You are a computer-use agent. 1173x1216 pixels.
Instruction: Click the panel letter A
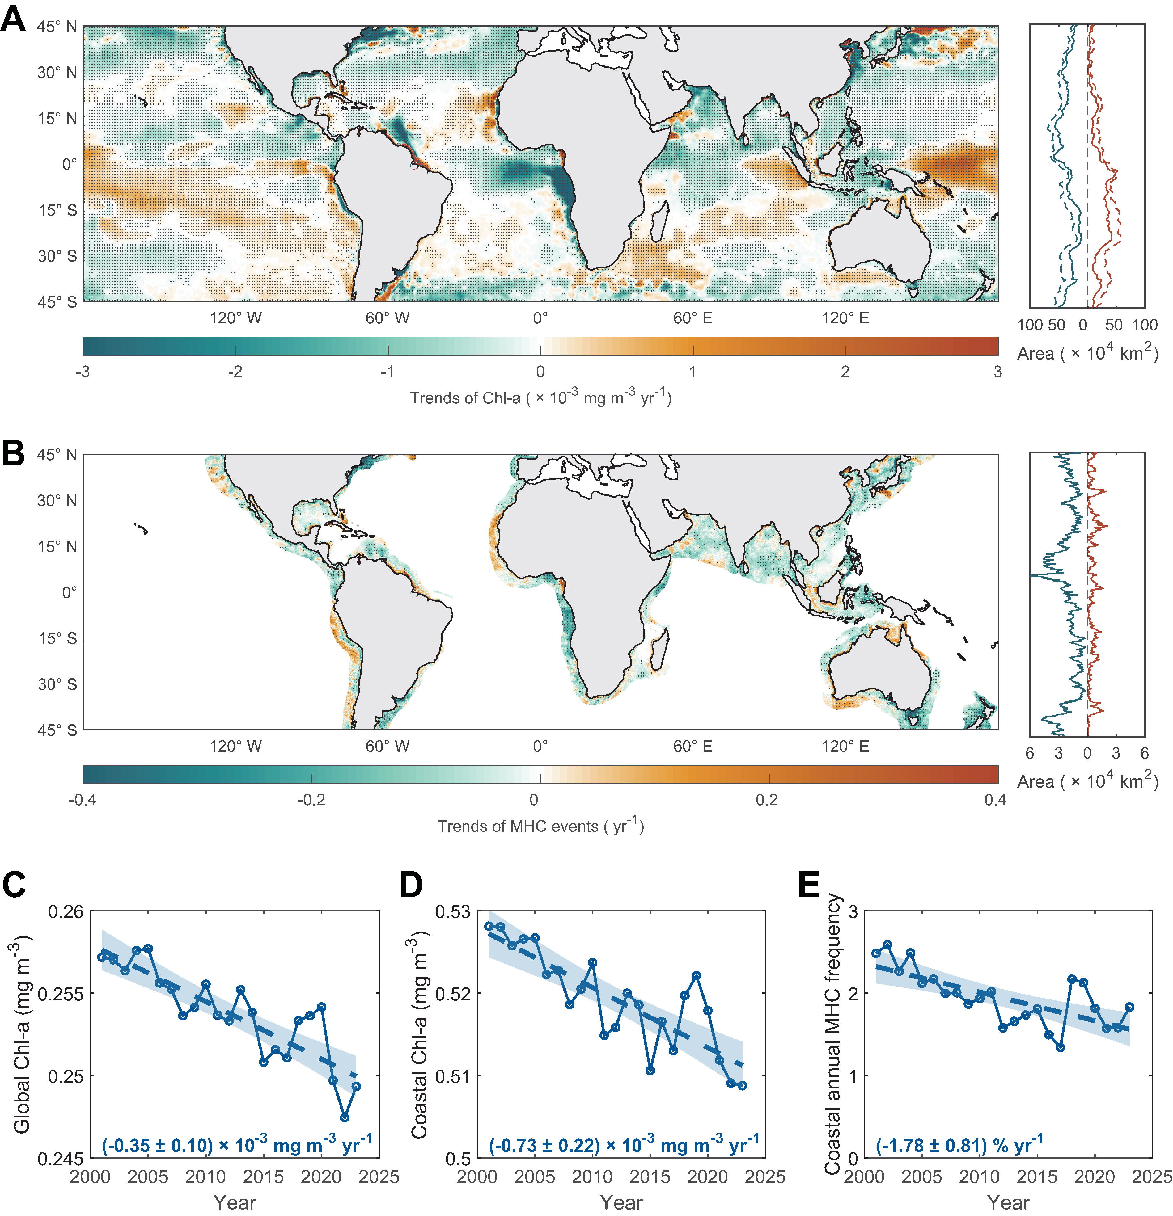click(x=14, y=19)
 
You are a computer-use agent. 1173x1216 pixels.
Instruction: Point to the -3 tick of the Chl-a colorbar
click(x=83, y=372)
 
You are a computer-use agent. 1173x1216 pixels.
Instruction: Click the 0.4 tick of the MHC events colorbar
click(x=995, y=800)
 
